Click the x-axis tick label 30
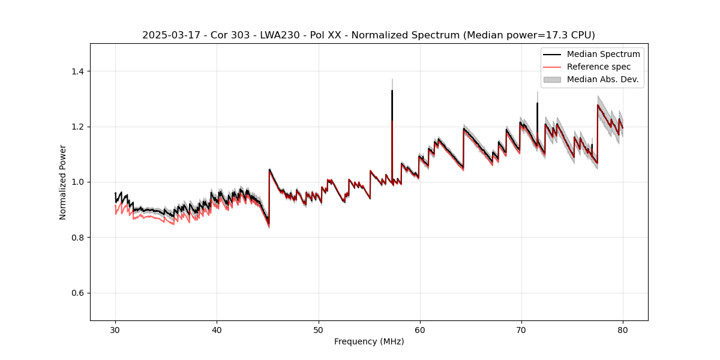(x=115, y=330)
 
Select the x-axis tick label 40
(x=217, y=330)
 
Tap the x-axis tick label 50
(x=318, y=330)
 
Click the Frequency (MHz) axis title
(x=369, y=341)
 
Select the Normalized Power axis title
(x=63, y=182)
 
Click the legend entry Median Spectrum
(x=603, y=54)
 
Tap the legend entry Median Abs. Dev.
(x=602, y=79)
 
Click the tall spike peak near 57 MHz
(x=392, y=91)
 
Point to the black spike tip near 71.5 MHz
(x=537, y=103)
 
